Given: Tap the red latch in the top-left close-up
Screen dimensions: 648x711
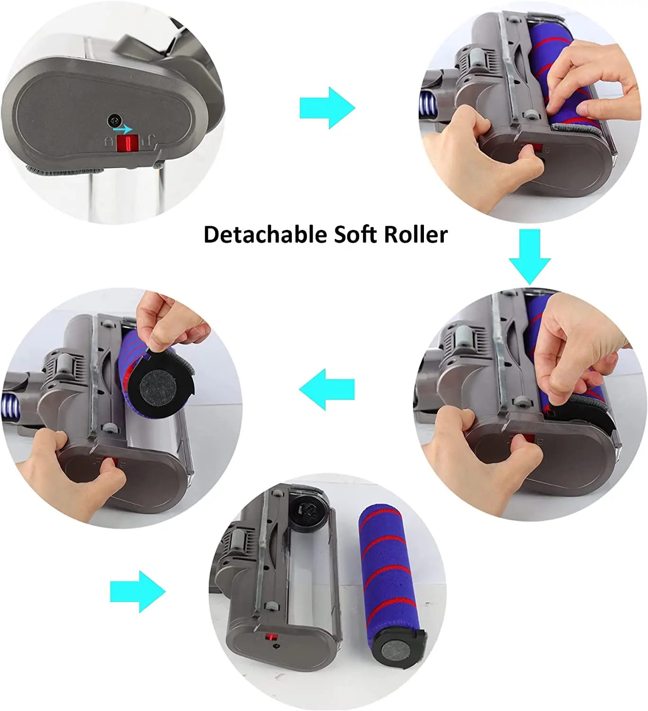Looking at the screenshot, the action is (x=126, y=143).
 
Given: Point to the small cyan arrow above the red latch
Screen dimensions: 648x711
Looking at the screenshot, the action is (x=123, y=129).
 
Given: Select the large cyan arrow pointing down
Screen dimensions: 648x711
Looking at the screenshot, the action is (x=530, y=256).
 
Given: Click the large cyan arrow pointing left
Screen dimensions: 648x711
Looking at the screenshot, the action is (x=327, y=390).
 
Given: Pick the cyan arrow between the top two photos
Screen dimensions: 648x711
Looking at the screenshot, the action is (x=327, y=108).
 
